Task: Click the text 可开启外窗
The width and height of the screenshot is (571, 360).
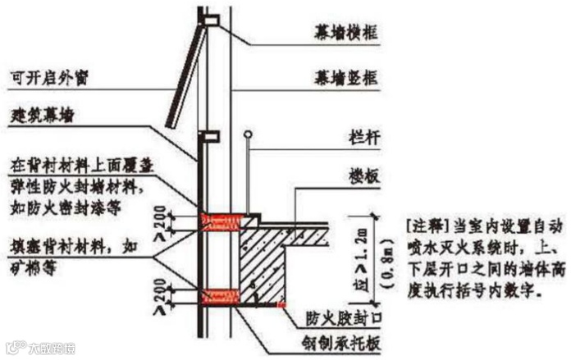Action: (x=48, y=80)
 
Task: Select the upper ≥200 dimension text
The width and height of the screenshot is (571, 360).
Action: (x=162, y=221)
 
